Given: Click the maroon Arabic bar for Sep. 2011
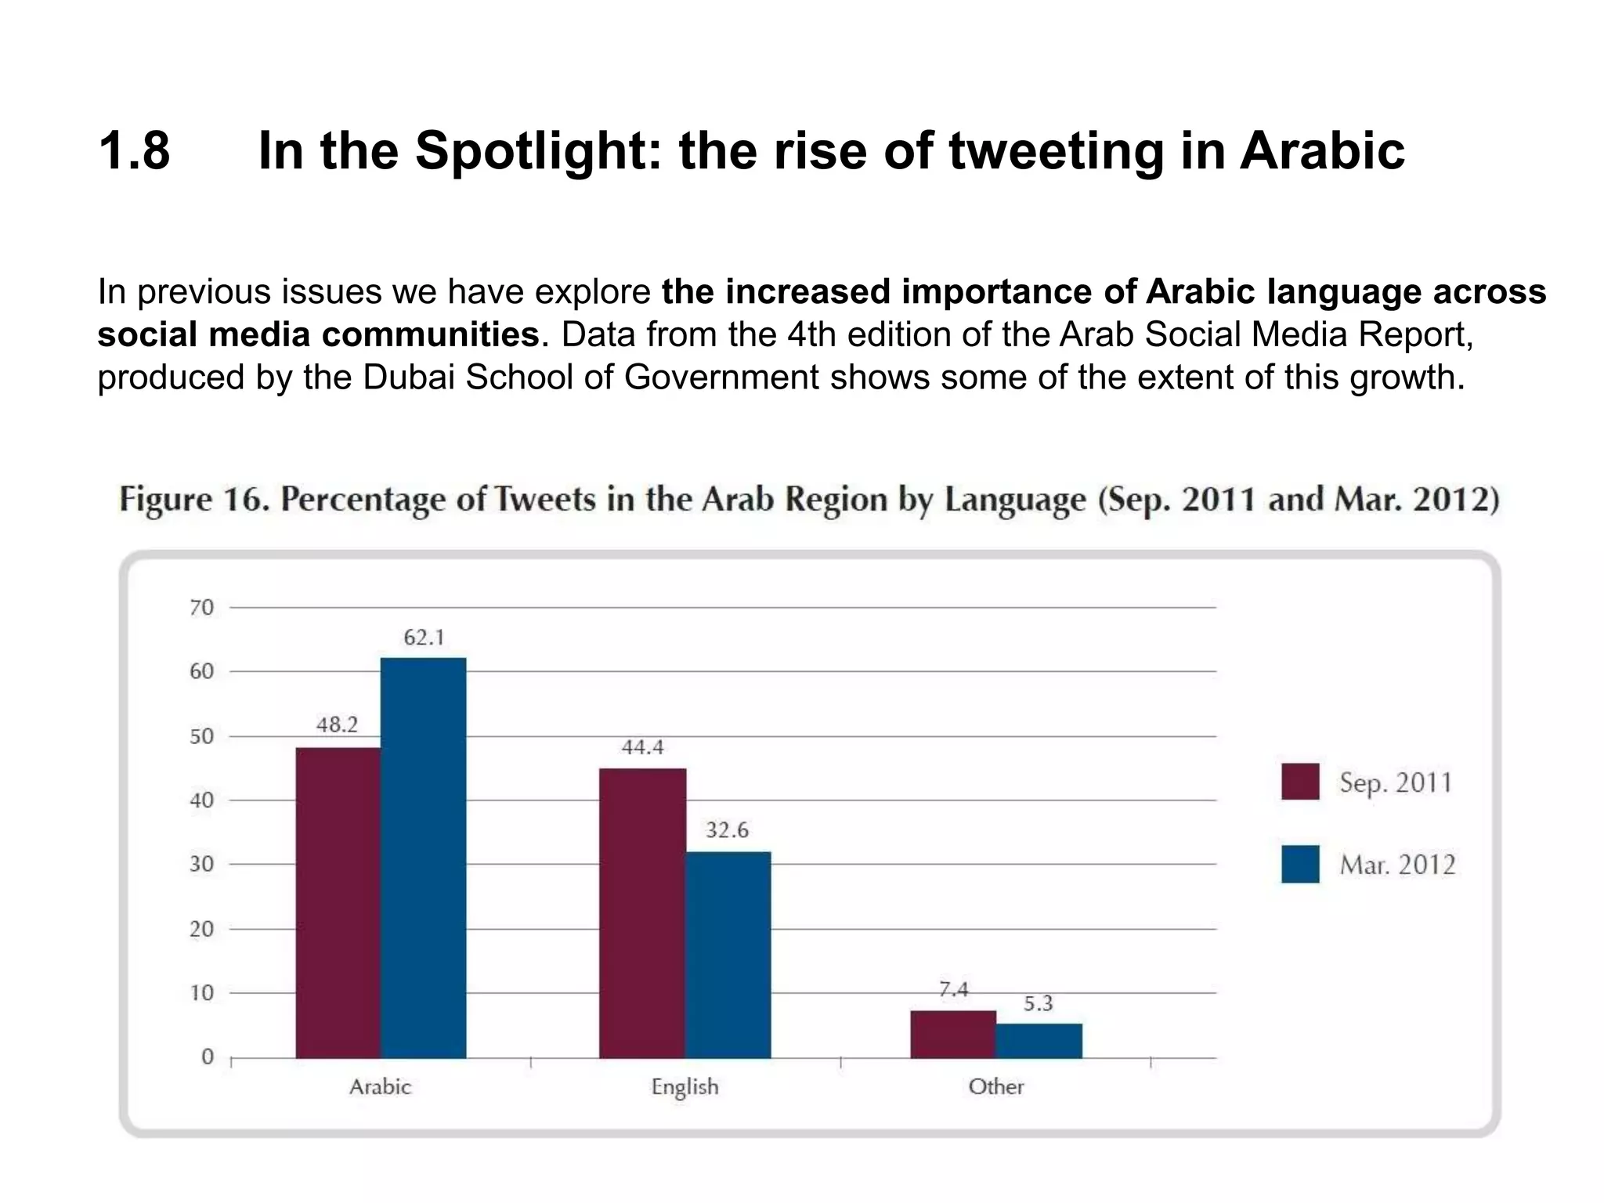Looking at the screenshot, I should click(338, 902).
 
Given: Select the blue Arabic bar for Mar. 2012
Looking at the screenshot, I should click(424, 858).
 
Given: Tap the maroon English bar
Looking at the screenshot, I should click(642, 913).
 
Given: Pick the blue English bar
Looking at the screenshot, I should click(728, 955).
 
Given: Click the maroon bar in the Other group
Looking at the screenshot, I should click(953, 1035).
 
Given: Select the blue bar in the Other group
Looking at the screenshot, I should click(1039, 1041).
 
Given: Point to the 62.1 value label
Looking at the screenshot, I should click(424, 638).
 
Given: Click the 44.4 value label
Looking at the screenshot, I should click(642, 747).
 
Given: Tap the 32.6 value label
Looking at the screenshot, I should click(727, 830).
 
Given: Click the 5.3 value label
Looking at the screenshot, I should click(1039, 1003).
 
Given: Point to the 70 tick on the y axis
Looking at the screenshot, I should click(201, 607).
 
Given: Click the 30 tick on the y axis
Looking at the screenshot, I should click(201, 864).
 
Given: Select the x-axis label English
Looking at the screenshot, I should click(685, 1086).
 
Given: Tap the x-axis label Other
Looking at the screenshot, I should click(995, 1086).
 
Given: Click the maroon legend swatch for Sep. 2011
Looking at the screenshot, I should click(1299, 781).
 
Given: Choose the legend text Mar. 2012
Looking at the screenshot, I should click(1397, 865).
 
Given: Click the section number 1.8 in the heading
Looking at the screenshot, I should click(134, 150).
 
